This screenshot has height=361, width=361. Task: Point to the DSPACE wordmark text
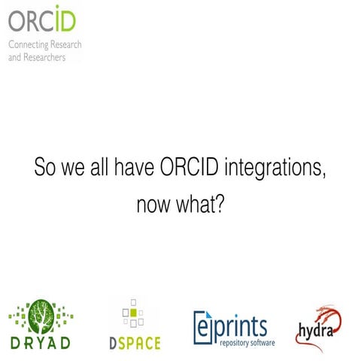[132, 342]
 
